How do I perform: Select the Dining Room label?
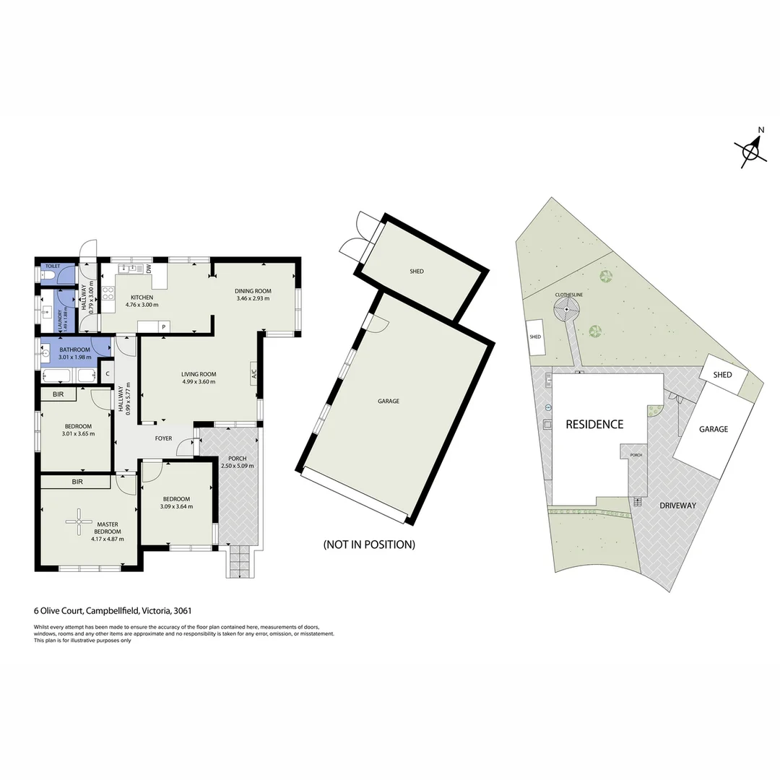(252, 291)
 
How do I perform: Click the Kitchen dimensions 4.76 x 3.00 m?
(142, 305)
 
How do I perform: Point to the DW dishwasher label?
(148, 269)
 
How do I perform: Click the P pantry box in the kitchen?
(164, 327)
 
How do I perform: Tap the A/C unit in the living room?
(253, 374)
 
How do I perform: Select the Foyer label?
(163, 438)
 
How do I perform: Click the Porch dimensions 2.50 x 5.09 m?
(238, 466)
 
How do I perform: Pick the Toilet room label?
(52, 266)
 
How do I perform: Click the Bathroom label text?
(74, 350)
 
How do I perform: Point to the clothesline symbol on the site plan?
(567, 311)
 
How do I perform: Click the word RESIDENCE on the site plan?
(594, 424)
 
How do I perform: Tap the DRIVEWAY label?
(677, 506)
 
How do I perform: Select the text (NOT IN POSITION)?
(369, 545)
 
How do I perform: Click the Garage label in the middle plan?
(389, 402)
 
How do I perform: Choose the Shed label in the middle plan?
(417, 272)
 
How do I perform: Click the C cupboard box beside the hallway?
(107, 374)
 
